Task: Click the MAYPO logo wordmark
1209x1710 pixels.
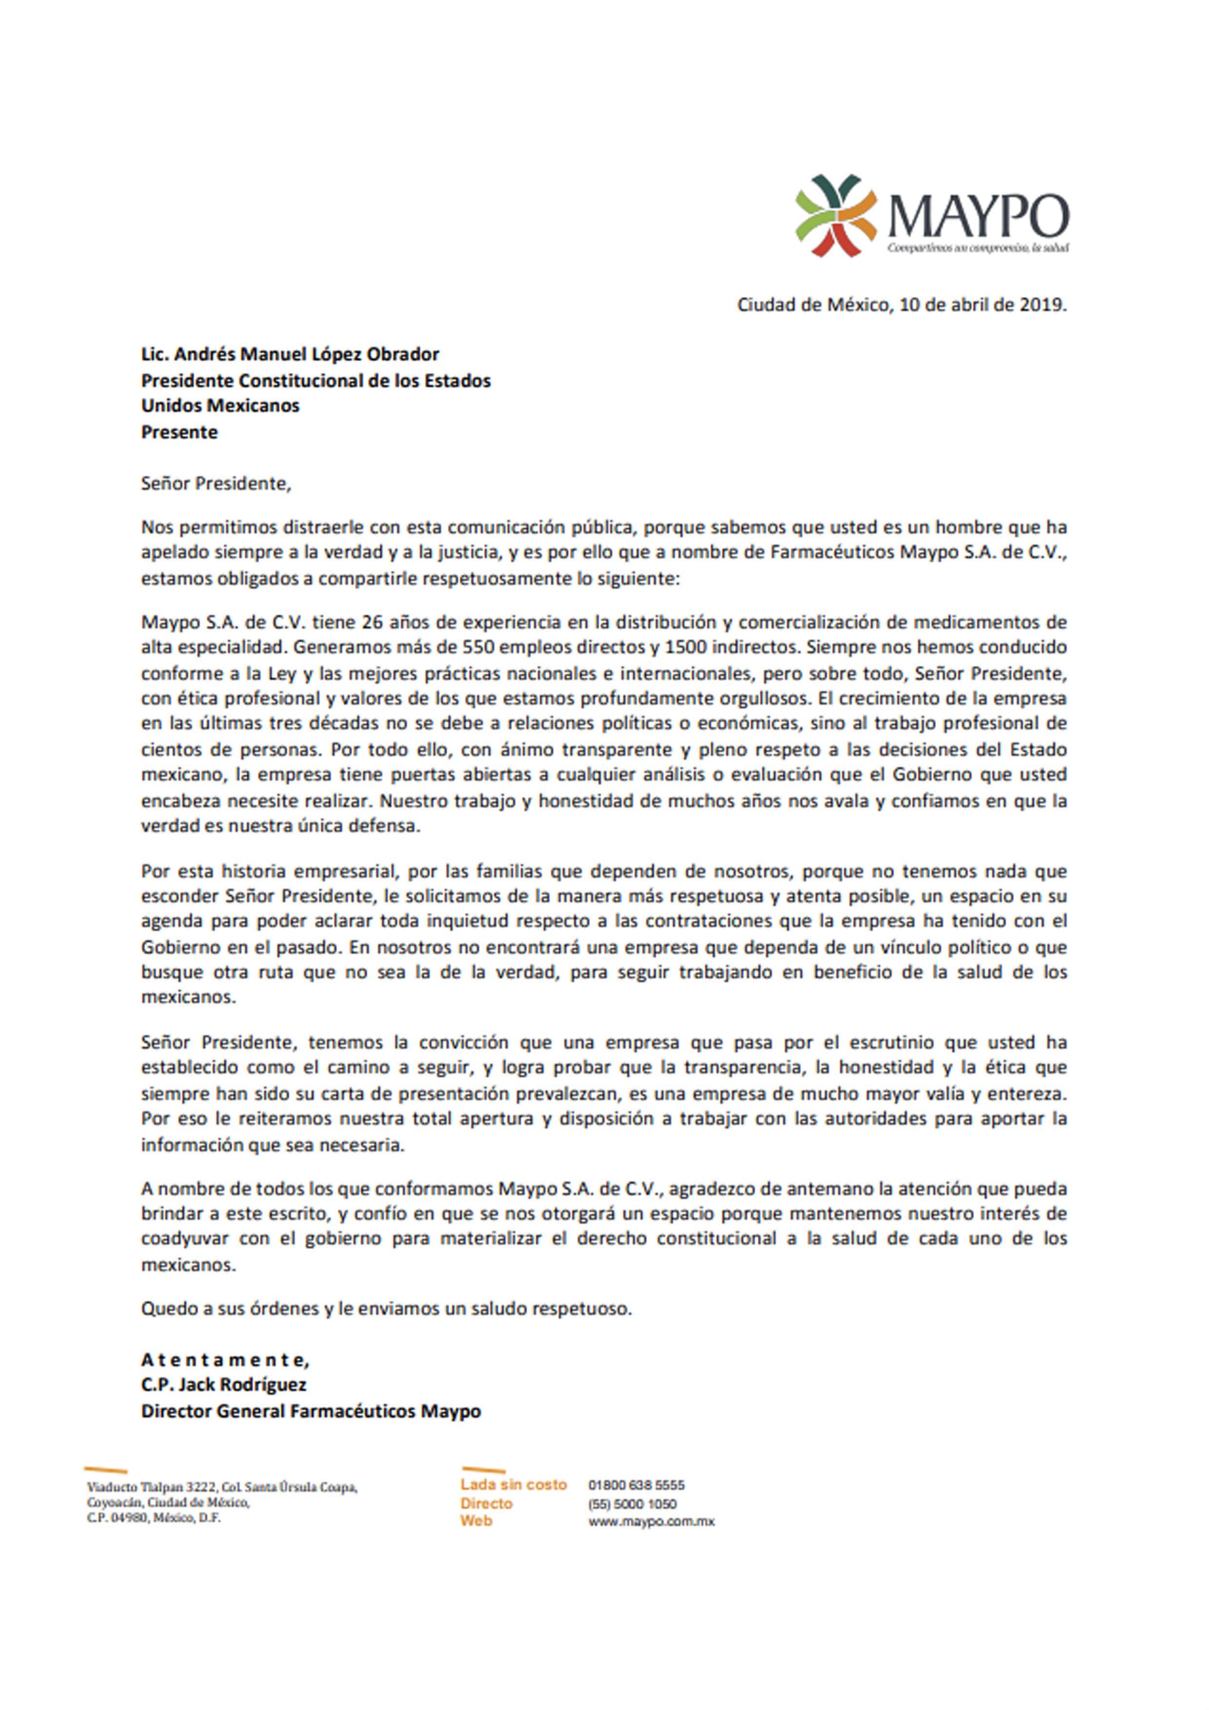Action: (x=978, y=215)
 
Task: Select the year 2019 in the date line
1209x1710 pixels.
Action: (x=1041, y=305)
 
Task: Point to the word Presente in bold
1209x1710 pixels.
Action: (x=179, y=432)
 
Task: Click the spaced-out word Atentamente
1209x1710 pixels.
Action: (x=224, y=1360)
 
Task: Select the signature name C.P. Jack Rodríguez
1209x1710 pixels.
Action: (x=223, y=1385)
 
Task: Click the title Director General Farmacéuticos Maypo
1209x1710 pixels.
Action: (x=311, y=1411)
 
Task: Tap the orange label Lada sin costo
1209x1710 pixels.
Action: (x=513, y=1484)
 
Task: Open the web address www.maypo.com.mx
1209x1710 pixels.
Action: (x=651, y=1521)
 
